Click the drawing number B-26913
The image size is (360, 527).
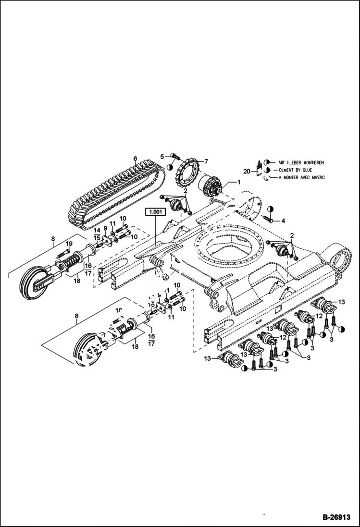click(x=335, y=517)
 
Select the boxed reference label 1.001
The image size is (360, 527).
click(x=155, y=211)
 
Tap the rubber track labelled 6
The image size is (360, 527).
click(x=115, y=192)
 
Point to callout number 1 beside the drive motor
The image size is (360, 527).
click(x=239, y=182)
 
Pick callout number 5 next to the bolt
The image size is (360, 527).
click(x=162, y=156)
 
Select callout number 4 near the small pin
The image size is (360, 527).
click(x=283, y=221)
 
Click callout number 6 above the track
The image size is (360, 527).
click(x=135, y=159)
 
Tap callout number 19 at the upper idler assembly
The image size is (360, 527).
click(x=69, y=244)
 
